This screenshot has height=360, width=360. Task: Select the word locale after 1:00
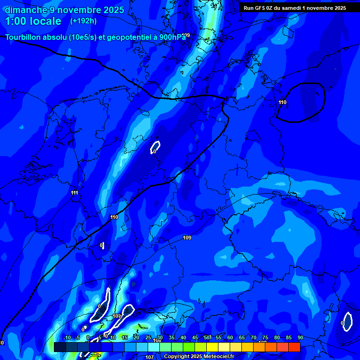click(44, 21)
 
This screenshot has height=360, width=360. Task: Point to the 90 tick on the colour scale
click(300, 338)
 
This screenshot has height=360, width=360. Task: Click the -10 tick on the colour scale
click(67, 338)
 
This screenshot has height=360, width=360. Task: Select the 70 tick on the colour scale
click(254, 338)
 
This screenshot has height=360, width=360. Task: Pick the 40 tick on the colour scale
click(183, 338)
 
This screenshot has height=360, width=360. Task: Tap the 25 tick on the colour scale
click(148, 338)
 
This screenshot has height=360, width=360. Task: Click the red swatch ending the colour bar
click(294, 347)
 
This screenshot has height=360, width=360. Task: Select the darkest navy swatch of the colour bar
click(60, 347)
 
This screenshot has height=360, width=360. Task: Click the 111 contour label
click(75, 193)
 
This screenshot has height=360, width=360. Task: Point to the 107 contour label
click(149, 357)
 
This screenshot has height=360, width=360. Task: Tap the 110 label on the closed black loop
click(282, 102)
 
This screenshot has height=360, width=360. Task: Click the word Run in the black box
click(248, 8)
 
